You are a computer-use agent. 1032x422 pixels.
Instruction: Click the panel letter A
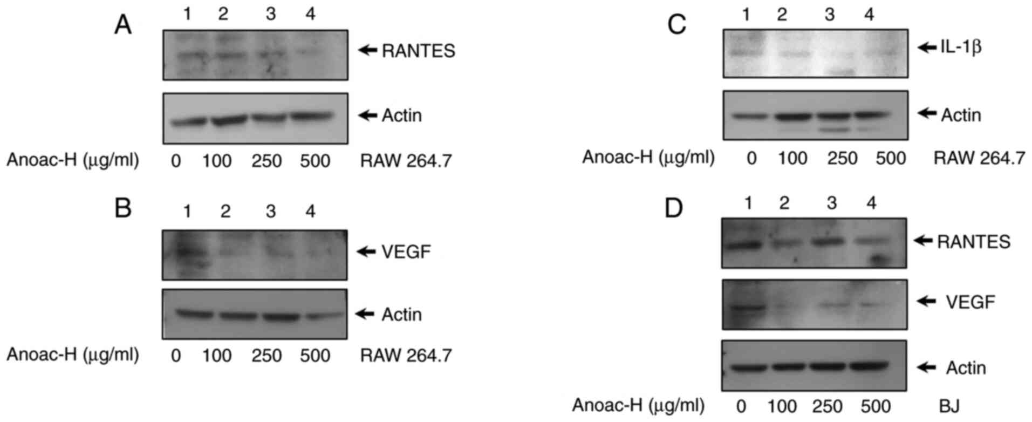123,25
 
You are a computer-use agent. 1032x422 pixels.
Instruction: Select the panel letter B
123,208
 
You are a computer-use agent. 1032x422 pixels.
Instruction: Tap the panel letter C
677,25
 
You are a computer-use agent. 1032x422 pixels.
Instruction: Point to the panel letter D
674,208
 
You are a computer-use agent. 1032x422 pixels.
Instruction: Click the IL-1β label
961,47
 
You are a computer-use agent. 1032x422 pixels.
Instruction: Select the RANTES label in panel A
419,51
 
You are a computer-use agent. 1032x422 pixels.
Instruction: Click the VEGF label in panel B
406,251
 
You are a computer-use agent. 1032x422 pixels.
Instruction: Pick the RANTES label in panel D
974,242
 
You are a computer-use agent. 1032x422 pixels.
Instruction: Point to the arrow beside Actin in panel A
368,115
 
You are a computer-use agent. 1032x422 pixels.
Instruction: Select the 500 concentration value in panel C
890,158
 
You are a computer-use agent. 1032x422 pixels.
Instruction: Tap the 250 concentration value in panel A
266,161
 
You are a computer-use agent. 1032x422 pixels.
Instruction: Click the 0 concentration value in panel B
175,356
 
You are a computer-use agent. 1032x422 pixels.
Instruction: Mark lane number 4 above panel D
871,203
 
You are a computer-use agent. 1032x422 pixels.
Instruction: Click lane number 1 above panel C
746,15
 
